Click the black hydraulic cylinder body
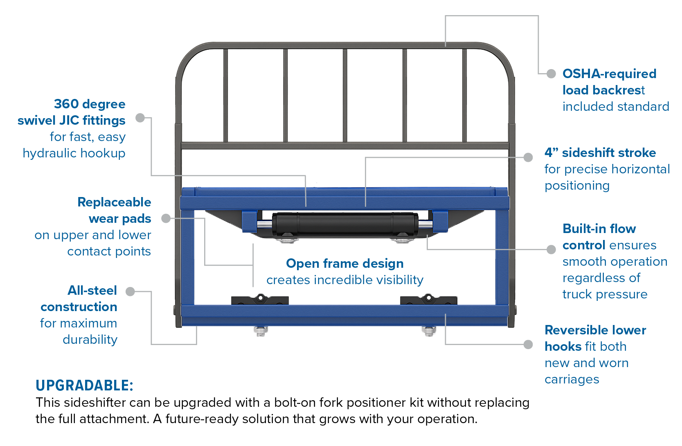click(345, 224)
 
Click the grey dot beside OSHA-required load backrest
click(551, 74)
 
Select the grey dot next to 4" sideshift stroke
click(528, 157)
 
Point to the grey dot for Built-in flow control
click(551, 249)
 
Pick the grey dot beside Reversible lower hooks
click(528, 344)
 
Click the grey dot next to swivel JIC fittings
click(140, 118)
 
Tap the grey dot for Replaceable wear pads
click(166, 218)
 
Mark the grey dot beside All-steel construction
click(131, 291)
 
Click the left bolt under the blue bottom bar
click(261, 331)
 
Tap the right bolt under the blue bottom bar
click(429, 331)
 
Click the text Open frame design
click(344, 264)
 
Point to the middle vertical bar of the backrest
click(345, 96)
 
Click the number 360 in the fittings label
click(66, 104)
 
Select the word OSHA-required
click(609, 74)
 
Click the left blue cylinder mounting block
click(250, 222)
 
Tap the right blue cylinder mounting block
click(440, 222)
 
